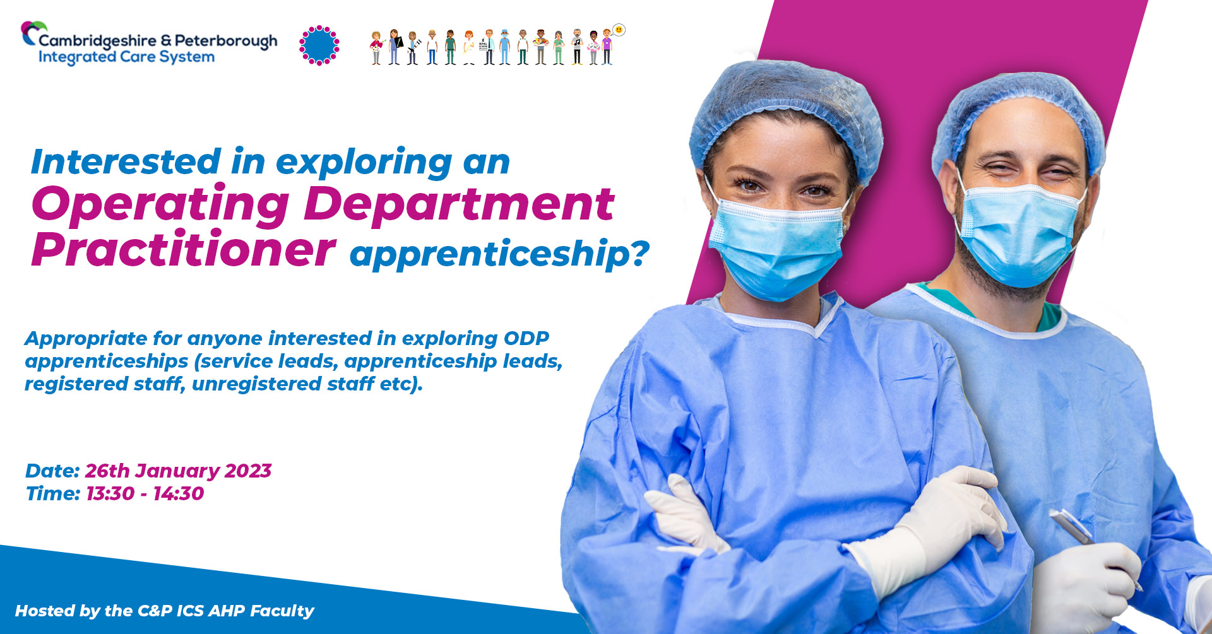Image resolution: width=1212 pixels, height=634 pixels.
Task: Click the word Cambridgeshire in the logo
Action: [x=97, y=41]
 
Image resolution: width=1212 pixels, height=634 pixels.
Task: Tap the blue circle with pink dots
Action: [x=319, y=45]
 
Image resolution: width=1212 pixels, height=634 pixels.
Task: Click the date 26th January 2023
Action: [x=178, y=471]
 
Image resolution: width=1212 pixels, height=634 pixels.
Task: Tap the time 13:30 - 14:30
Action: [x=145, y=493]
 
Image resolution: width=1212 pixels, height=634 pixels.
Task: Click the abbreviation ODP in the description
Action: [x=526, y=338]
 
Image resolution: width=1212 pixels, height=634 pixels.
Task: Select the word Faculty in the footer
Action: [x=282, y=611]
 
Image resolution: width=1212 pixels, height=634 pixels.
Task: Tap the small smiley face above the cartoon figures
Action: [x=619, y=30]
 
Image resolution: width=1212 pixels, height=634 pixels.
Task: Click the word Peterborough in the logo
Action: [x=226, y=42]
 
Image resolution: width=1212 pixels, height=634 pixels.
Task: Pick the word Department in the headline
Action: [x=460, y=204]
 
